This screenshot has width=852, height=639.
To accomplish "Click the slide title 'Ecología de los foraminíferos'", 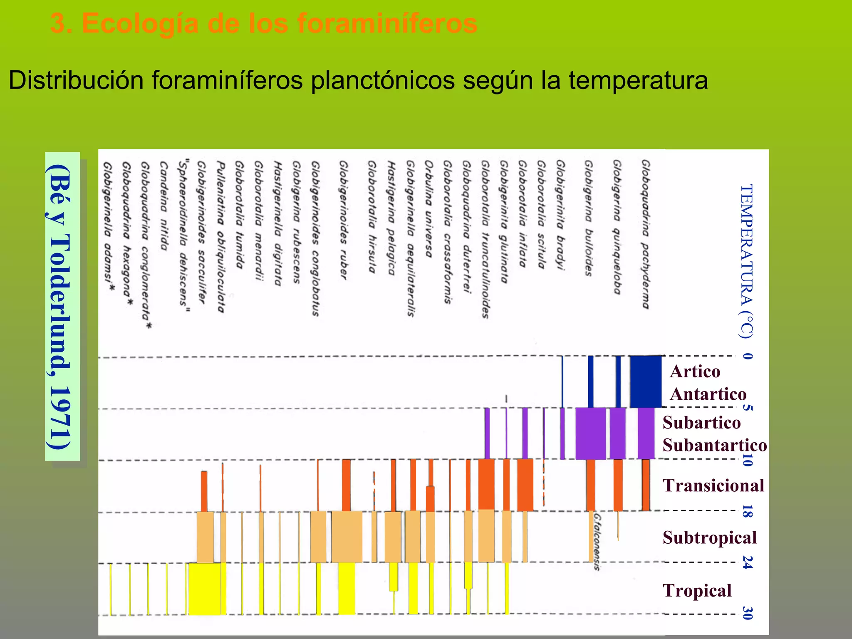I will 264,24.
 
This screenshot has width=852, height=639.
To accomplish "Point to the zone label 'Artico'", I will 695,371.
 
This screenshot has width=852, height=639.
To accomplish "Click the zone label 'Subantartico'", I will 714,445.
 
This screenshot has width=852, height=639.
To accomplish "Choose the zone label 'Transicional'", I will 713,485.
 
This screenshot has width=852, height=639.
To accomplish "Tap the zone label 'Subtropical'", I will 709,537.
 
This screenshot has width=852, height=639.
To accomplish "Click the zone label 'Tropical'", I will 697,590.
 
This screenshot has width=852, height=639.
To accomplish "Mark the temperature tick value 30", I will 747,613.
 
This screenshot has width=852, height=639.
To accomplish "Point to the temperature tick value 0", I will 747,356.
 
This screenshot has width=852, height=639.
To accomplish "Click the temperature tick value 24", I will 747,562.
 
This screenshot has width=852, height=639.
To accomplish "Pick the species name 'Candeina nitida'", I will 163,206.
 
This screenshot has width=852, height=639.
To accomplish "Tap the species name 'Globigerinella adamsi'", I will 108,227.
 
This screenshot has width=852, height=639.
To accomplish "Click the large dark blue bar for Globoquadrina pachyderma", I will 645,381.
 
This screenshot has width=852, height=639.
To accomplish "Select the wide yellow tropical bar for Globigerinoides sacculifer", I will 205,588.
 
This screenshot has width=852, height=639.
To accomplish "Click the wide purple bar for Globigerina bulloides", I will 590,433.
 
